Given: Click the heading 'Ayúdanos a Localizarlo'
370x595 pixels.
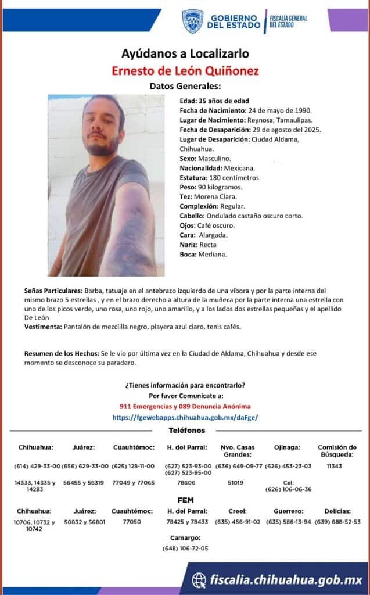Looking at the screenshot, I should [x=185, y=54].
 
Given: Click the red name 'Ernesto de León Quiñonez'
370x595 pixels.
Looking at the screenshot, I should [x=185, y=71].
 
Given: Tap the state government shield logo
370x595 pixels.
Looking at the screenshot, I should [x=192, y=21].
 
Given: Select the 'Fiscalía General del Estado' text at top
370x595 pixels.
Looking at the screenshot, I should [x=288, y=21].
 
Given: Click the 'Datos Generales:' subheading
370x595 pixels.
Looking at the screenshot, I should [x=185, y=87].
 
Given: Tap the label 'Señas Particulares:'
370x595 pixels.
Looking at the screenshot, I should [x=53, y=289].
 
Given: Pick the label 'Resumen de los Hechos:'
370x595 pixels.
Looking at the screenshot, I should [x=62, y=353].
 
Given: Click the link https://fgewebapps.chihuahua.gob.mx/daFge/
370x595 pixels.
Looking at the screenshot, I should [x=185, y=417].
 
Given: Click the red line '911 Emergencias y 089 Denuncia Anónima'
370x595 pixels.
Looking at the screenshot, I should [x=185, y=407].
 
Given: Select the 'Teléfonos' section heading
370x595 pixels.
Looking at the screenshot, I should [x=186, y=431].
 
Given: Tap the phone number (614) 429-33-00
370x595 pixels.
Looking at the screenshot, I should [x=36, y=466].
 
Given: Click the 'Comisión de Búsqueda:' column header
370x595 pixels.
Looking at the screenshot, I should [x=337, y=451].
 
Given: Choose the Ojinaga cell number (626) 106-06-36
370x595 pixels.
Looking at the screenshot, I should [x=288, y=489].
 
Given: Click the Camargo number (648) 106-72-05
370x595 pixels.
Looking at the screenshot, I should [x=186, y=548].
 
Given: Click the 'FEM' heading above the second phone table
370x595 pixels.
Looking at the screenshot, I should [x=185, y=500].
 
